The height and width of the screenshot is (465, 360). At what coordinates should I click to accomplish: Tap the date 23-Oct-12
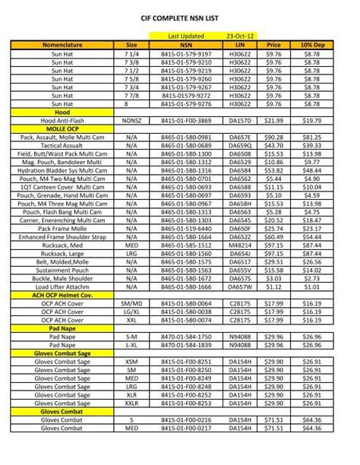241,36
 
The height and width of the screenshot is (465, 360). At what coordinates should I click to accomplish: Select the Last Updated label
185,36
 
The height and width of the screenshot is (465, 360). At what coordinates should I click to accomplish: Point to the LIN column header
241,45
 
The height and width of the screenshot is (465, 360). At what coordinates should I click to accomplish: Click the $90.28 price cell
273,137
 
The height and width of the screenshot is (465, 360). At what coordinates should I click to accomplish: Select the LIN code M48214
241,245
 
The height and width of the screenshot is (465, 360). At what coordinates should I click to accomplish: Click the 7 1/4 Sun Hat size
131,54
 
